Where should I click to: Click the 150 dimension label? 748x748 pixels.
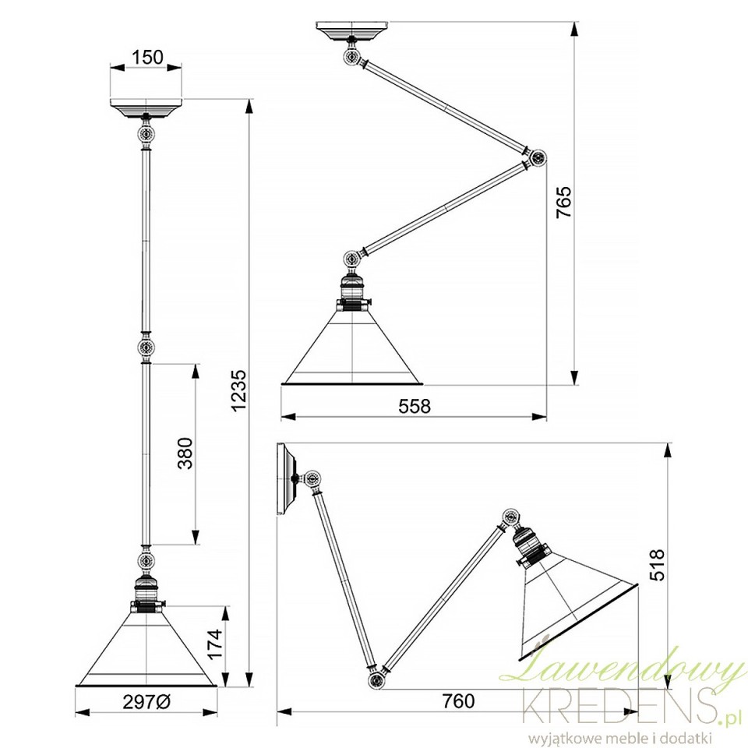pos(147,57)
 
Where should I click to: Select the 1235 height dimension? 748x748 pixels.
pos(238,390)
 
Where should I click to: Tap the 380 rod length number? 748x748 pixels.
pos(185,453)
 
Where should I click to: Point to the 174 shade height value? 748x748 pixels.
pos(215,644)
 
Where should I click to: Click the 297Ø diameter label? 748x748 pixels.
pos(146,702)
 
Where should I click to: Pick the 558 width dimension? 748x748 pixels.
pos(414,406)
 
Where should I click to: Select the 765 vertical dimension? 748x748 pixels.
pos(564,203)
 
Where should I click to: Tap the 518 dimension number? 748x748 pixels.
pos(658,565)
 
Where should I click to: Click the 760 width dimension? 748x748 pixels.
pos(458,700)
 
